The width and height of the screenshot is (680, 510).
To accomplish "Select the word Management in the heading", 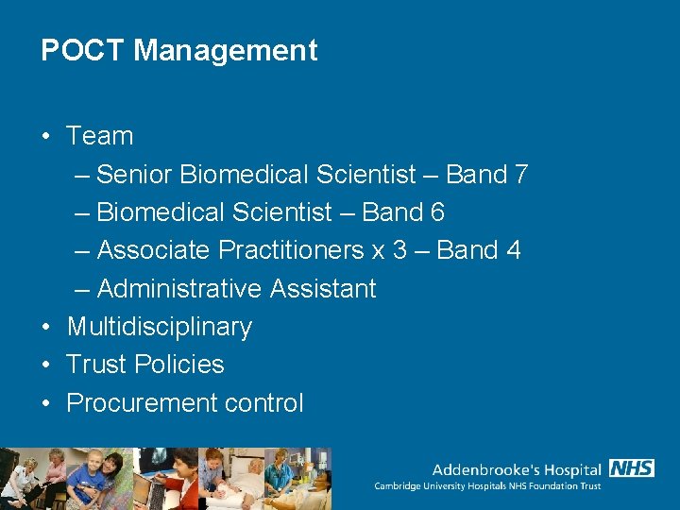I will (226, 50).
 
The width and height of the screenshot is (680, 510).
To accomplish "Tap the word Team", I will (100, 136).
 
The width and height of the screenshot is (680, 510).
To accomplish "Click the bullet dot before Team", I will (45, 136).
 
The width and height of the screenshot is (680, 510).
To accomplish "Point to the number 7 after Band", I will (521, 175).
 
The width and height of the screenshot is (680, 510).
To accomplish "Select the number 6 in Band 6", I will (437, 212).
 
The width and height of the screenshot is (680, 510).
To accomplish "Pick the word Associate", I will (154, 250).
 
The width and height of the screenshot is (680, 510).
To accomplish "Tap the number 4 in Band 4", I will (513, 250).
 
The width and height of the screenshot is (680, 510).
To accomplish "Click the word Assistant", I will (324, 288).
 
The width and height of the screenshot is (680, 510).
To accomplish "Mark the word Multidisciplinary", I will (160, 327).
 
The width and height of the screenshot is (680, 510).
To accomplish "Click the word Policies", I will (179, 365).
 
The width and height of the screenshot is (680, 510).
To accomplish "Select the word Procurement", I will (143, 403).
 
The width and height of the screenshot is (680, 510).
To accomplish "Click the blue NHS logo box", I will (632, 468).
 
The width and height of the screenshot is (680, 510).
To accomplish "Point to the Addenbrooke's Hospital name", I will (517, 469).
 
